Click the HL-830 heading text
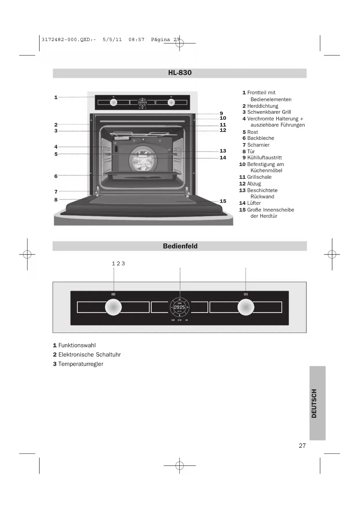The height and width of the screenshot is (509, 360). pyautogui.click(x=180, y=73)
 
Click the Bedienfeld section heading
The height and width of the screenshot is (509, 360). pyautogui.click(x=180, y=246)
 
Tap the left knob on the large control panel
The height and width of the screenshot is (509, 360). pyautogui.click(x=113, y=307)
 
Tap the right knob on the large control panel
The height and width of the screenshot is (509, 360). pyautogui.click(x=246, y=307)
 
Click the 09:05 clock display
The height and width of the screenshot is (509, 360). pyautogui.click(x=180, y=307)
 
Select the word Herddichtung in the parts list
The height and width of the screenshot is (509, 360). pyautogui.click(x=263, y=106)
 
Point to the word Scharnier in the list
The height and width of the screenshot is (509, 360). pyautogui.click(x=258, y=145)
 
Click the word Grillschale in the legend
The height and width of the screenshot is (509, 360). pyautogui.click(x=259, y=177)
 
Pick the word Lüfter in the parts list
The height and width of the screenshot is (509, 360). pyautogui.click(x=254, y=203)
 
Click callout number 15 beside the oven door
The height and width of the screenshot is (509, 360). pyautogui.click(x=223, y=201)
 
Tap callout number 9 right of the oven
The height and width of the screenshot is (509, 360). pyautogui.click(x=221, y=113)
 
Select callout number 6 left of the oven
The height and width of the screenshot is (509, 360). pyautogui.click(x=56, y=176)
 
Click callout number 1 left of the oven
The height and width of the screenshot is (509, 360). pyautogui.click(x=56, y=97)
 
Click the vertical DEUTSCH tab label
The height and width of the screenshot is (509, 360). pyautogui.click(x=314, y=403)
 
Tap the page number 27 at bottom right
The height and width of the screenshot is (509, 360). pyautogui.click(x=302, y=446)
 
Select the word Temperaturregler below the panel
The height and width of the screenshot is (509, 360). pyautogui.click(x=81, y=364)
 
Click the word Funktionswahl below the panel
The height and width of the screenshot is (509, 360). pyautogui.click(x=77, y=345)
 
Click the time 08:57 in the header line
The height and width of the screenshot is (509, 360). pyautogui.click(x=136, y=39)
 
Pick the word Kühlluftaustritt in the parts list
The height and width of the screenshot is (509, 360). pyautogui.click(x=264, y=158)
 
